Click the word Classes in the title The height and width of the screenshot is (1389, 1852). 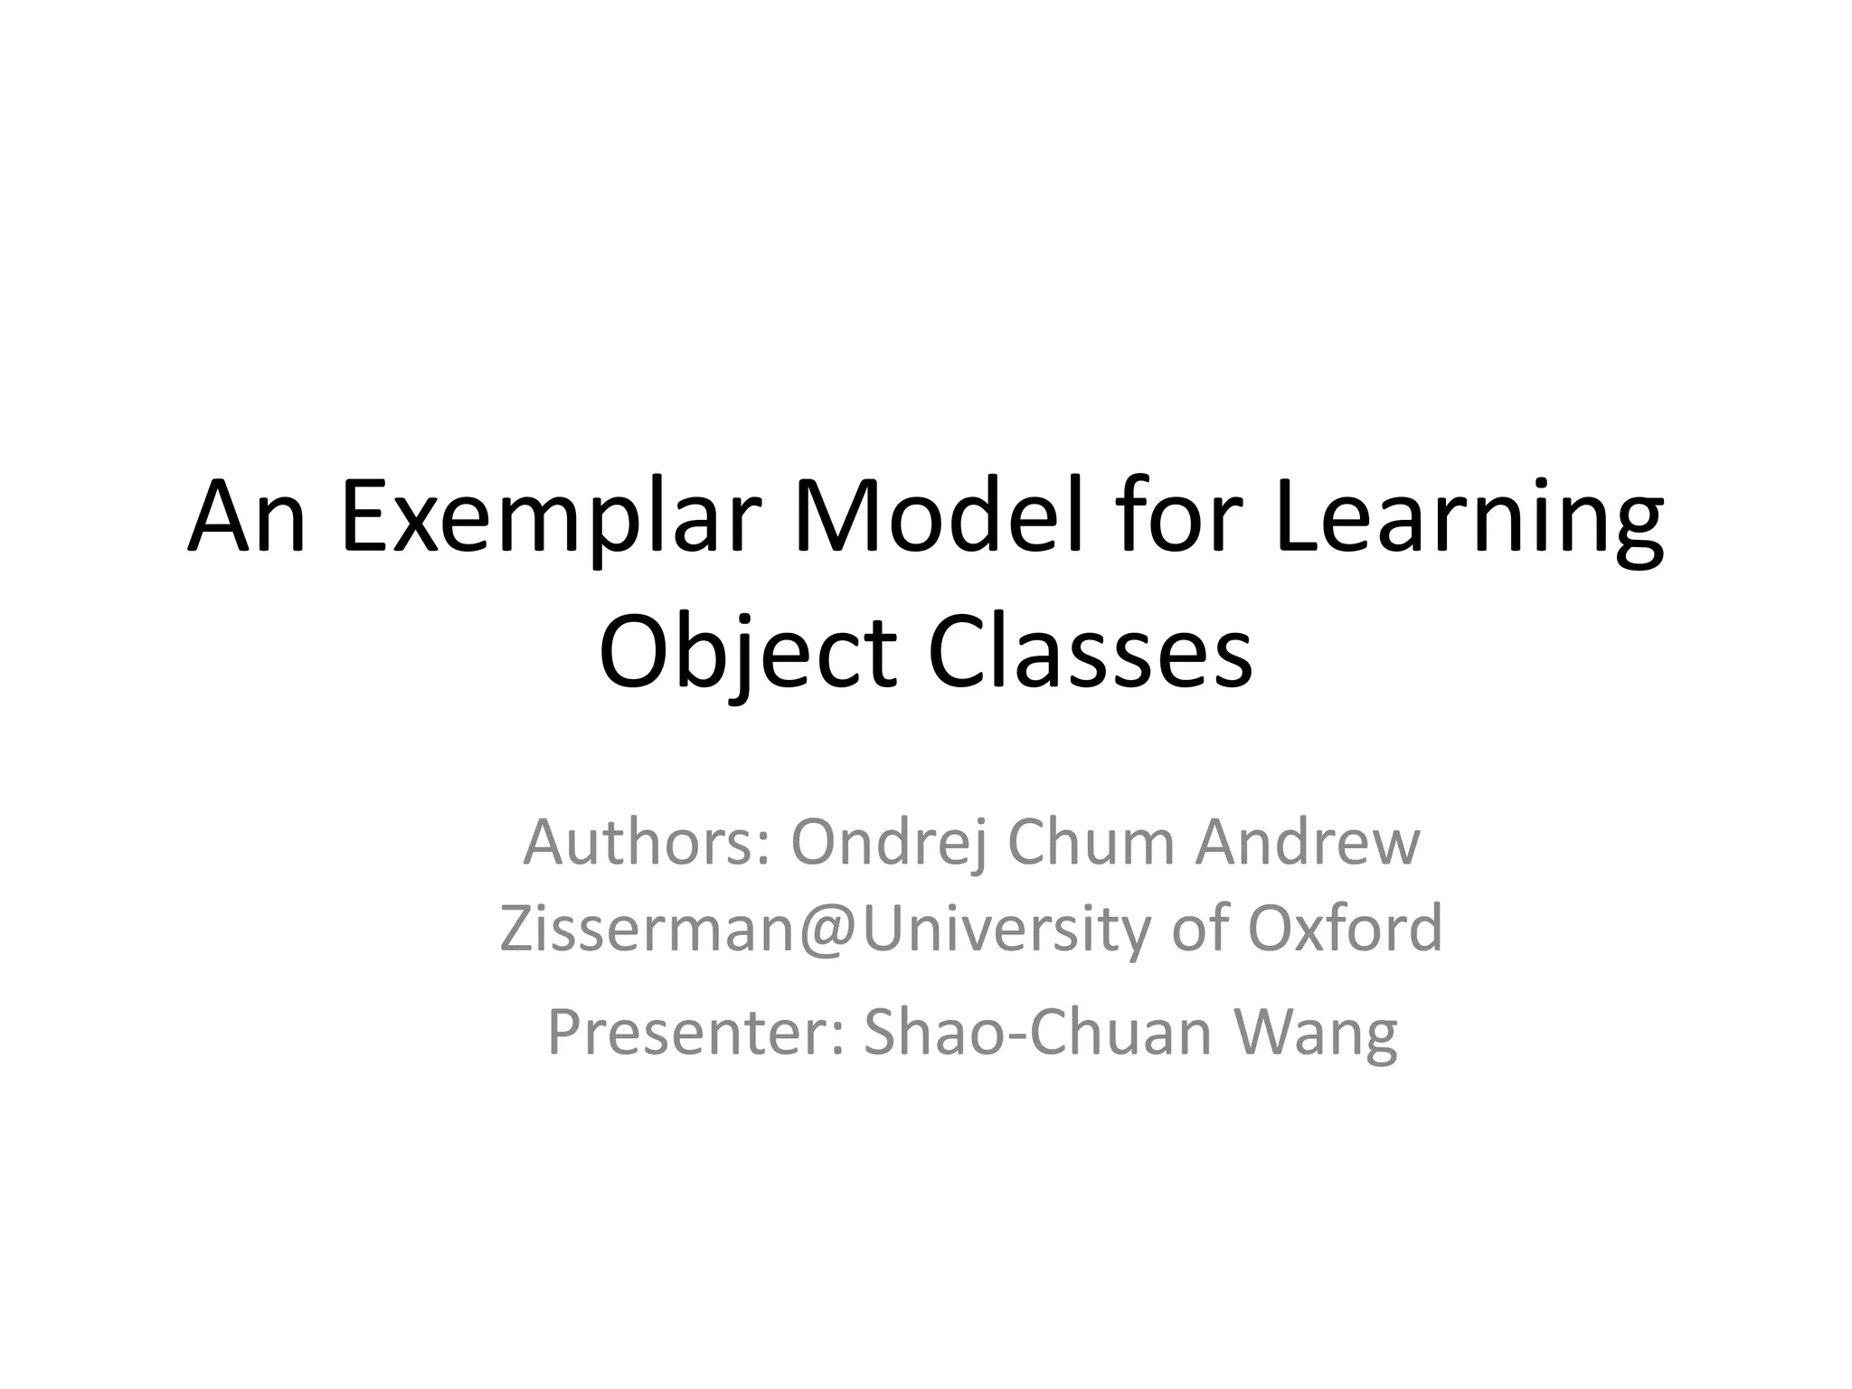coord(1090,653)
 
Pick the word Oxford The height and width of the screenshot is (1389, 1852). coord(1346,930)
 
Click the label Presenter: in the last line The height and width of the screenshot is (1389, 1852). coord(696,1033)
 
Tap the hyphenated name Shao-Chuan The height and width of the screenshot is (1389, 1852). coord(1037,1033)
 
